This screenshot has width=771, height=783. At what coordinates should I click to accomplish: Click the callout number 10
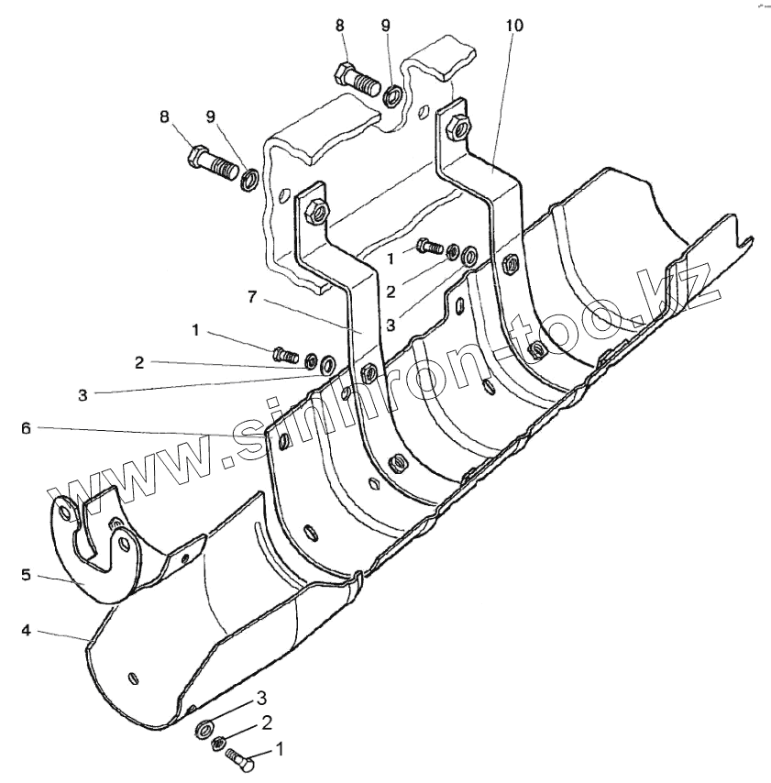tap(513, 26)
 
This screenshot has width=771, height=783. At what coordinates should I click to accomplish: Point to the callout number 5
tap(26, 577)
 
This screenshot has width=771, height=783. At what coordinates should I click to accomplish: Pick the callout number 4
tap(26, 631)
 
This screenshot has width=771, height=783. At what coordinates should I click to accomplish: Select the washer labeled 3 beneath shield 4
tap(202, 730)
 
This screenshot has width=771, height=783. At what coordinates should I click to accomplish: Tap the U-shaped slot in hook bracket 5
tap(95, 545)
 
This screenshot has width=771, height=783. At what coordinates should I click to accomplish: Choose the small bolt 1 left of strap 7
tap(285, 353)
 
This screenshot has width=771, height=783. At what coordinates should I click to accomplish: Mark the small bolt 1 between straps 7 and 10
tap(429, 246)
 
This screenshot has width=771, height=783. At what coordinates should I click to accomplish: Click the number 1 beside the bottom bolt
tap(280, 749)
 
